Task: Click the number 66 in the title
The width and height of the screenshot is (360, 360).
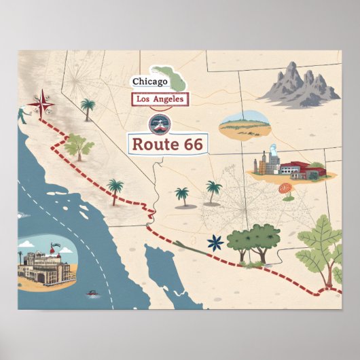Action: (x=189, y=144)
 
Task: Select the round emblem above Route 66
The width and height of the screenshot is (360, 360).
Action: (x=161, y=124)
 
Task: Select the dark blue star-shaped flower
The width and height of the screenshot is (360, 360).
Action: (x=215, y=242)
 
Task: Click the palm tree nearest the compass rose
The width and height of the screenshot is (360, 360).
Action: (x=88, y=107)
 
